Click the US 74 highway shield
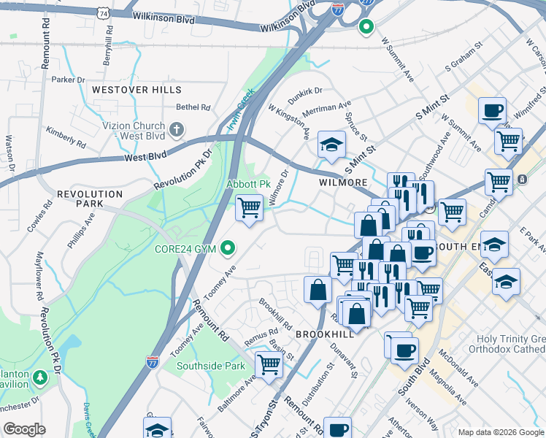coord(104,13)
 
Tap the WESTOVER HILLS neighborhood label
coord(136,89)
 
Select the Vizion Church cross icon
coord(176,131)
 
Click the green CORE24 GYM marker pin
coord(228,249)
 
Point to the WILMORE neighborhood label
coord(342,182)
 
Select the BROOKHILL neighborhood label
coord(325,333)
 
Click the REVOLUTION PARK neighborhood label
coord(90,199)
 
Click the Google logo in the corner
coord(24,429)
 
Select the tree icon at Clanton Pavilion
coord(40,377)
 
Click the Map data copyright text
coord(501,431)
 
